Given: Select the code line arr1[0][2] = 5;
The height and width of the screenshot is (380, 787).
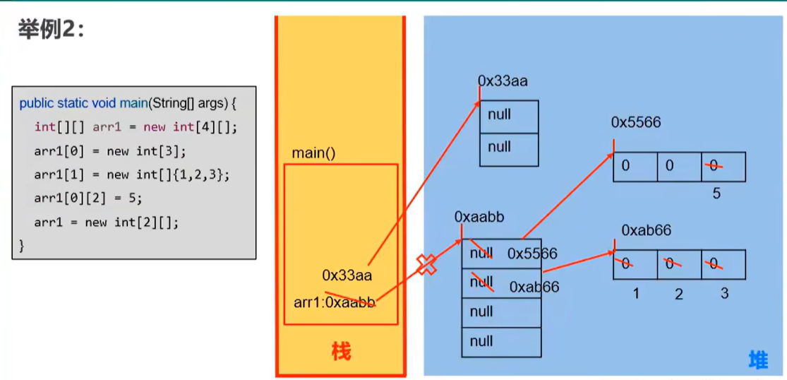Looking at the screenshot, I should (x=88, y=198).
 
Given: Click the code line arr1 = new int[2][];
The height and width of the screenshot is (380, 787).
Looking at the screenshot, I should (x=107, y=222).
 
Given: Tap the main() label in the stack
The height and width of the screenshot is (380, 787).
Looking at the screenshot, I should (x=313, y=153).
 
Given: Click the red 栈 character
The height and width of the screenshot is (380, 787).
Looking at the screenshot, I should (x=341, y=351).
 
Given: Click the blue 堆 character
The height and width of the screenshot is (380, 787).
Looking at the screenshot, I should (x=758, y=360).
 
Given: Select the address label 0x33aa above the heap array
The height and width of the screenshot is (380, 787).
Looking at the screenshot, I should (x=503, y=81).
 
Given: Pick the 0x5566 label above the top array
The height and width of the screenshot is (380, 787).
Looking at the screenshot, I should (x=636, y=123).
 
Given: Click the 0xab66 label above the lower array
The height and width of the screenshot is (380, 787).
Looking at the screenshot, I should (x=646, y=230).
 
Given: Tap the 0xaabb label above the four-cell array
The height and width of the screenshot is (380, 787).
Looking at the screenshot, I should (x=479, y=217).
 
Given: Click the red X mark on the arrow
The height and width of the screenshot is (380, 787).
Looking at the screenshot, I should (x=426, y=264).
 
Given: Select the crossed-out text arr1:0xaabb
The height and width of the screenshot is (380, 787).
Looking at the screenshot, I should (x=335, y=302).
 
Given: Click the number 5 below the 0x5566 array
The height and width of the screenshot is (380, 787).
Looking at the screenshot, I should (x=716, y=193).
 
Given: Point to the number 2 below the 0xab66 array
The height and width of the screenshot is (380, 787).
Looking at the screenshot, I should (x=679, y=293).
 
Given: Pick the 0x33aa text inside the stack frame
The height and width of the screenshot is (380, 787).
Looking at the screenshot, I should (x=347, y=275).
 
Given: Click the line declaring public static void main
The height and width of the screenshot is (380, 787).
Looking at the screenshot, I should (x=127, y=103).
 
